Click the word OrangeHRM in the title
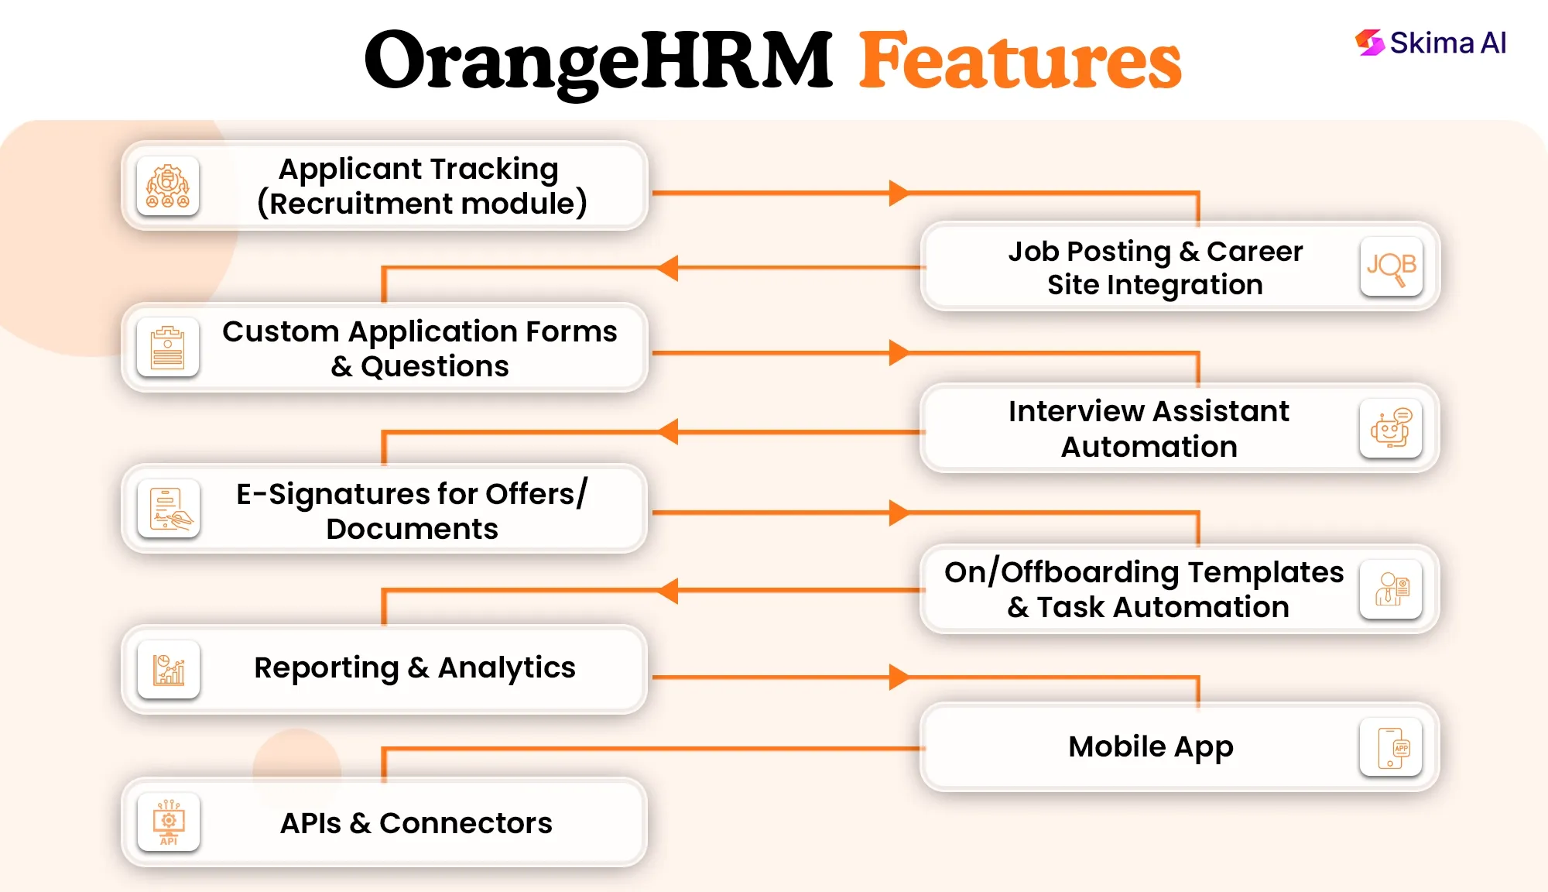(598, 60)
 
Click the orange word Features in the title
(1020, 60)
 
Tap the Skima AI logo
(1430, 43)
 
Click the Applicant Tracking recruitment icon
(168, 187)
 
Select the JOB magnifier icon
(1391, 267)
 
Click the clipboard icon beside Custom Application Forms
(168, 348)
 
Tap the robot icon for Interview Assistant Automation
(1391, 428)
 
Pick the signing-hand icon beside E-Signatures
(169, 509)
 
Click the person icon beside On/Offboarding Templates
(1391, 589)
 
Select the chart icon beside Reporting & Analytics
(169, 670)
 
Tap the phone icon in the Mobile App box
(1391, 748)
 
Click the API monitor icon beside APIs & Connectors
(169, 822)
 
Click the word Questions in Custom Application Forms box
(435, 366)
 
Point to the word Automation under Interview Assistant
(1149, 447)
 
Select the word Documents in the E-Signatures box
(412, 529)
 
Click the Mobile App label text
(1150, 746)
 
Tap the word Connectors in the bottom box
(465, 823)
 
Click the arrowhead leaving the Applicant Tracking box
(898, 193)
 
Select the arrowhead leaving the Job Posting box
(668, 268)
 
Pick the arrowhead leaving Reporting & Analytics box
(898, 677)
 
